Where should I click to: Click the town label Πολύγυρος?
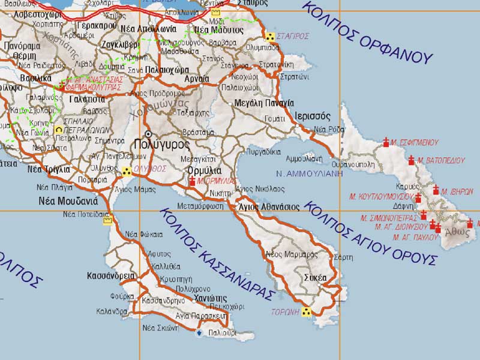click(162, 144)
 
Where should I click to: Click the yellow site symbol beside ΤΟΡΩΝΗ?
click(307, 312)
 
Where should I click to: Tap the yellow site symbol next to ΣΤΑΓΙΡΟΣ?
click(271, 37)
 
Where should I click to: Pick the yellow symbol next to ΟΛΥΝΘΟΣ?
click(127, 172)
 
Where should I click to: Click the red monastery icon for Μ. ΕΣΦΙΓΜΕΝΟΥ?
click(386, 143)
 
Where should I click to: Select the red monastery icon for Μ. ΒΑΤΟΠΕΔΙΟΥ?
click(412, 160)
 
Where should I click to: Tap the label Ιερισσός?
click(313, 115)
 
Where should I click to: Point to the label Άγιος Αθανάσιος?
click(269, 206)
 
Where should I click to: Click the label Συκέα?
click(315, 278)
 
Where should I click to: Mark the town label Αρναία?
click(197, 78)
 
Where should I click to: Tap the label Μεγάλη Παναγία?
click(265, 103)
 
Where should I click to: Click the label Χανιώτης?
click(210, 298)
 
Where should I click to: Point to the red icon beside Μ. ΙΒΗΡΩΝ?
click(436, 191)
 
